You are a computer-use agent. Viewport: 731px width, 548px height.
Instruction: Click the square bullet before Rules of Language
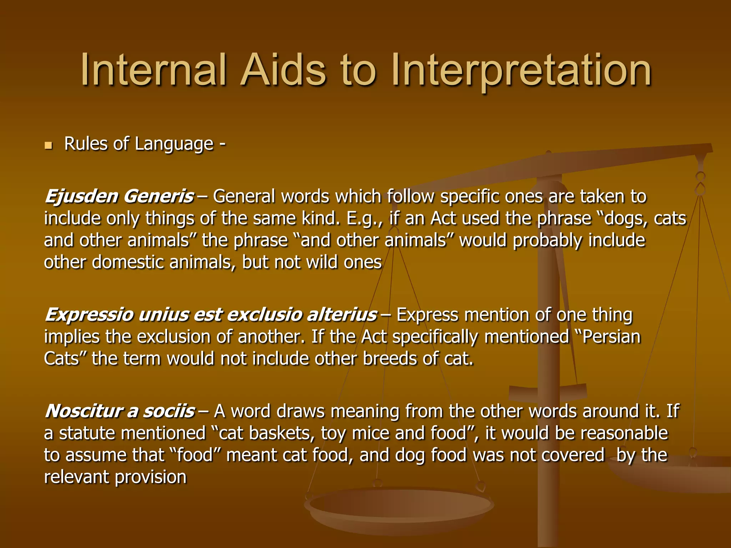pyautogui.click(x=49, y=146)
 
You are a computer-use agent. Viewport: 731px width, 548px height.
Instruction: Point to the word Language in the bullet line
pyautogui.click(x=174, y=144)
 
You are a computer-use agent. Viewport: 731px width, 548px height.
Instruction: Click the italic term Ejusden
pyautogui.click(x=81, y=197)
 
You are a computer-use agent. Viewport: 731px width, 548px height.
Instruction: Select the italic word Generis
pyautogui.click(x=159, y=197)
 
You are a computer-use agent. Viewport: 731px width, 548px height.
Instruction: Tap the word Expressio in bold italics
pyautogui.click(x=89, y=315)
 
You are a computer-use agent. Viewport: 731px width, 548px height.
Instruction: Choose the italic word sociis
pyautogui.click(x=169, y=411)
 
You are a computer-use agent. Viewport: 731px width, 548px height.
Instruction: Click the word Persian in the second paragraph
pyautogui.click(x=611, y=337)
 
